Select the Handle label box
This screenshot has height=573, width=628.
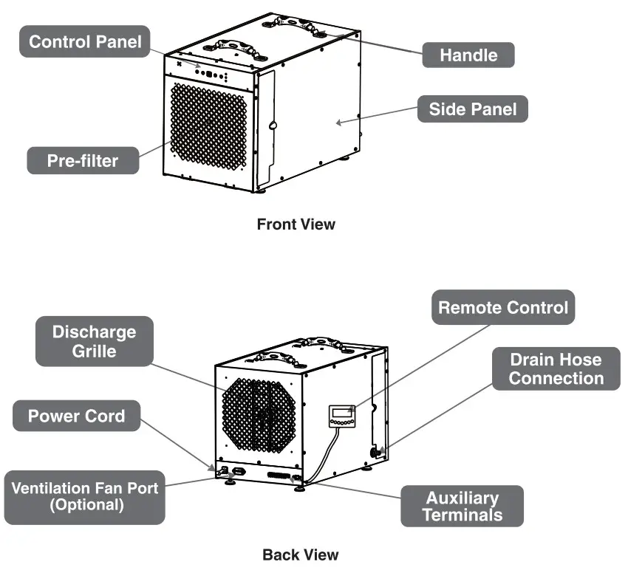click(x=468, y=55)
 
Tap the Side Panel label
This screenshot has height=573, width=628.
click(x=473, y=110)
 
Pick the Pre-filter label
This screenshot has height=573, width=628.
click(x=83, y=160)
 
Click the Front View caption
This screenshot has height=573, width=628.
click(x=296, y=224)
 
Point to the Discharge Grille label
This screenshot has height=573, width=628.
click(x=94, y=340)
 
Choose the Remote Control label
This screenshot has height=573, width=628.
click(x=503, y=307)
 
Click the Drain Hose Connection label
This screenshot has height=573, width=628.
click(x=556, y=369)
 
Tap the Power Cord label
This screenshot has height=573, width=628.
click(x=76, y=416)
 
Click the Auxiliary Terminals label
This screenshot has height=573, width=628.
click(x=462, y=506)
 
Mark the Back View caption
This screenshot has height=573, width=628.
click(x=300, y=554)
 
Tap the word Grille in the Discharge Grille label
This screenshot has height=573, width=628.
click(x=94, y=350)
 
